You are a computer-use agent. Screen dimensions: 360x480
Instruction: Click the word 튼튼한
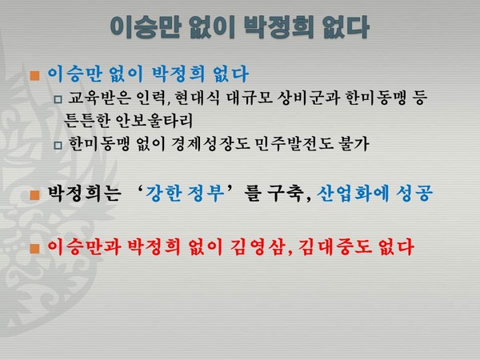pos(86,121)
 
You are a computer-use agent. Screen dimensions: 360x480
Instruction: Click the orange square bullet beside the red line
pos(35,244)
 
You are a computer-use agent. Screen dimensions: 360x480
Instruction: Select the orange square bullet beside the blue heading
pos(35,76)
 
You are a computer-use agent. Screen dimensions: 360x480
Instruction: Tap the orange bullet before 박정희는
pos(35,194)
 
